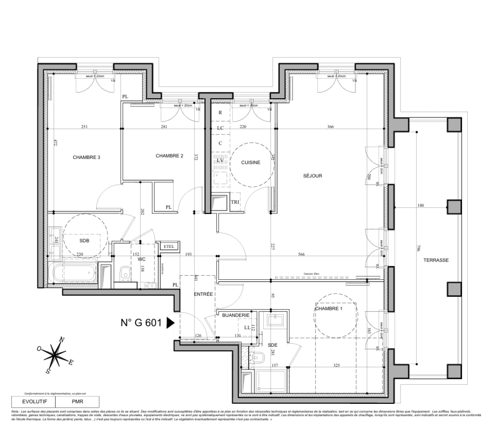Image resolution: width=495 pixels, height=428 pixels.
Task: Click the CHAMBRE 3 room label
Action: [x=86, y=157]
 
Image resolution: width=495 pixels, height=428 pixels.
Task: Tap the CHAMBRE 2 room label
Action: [x=169, y=156]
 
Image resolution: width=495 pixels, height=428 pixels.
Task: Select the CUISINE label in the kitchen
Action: [x=251, y=162]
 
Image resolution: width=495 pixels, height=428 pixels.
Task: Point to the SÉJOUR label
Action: [x=312, y=176]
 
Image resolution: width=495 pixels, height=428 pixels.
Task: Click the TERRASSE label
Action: [x=436, y=260]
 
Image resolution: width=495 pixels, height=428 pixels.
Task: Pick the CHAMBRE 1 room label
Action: [x=328, y=308]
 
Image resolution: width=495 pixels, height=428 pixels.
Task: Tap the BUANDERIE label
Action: [x=236, y=315]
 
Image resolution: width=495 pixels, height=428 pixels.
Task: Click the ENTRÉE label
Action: [x=204, y=294]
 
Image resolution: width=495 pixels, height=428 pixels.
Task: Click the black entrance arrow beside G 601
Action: [x=170, y=323]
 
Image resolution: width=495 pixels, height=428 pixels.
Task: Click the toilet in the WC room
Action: [x=125, y=273]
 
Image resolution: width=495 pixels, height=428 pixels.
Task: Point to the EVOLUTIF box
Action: [x=33, y=401]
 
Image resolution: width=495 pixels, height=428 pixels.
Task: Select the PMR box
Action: [x=77, y=401]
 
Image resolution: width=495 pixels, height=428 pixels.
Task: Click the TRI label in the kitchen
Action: [x=235, y=202]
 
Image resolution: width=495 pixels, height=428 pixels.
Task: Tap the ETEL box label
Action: [x=169, y=246]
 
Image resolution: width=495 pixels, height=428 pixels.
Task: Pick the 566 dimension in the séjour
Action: [x=301, y=254]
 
